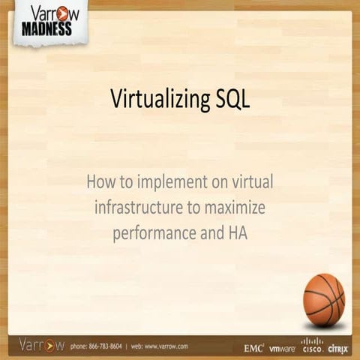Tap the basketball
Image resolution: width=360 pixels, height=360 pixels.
click(x=323, y=299)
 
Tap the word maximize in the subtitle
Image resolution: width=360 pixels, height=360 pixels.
click(x=237, y=206)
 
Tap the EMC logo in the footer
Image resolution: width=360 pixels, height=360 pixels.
click(x=254, y=348)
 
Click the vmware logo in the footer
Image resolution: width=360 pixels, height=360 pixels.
click(x=282, y=349)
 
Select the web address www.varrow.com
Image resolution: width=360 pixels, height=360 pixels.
click(x=166, y=346)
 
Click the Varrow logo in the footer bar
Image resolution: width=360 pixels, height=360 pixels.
click(x=41, y=346)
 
